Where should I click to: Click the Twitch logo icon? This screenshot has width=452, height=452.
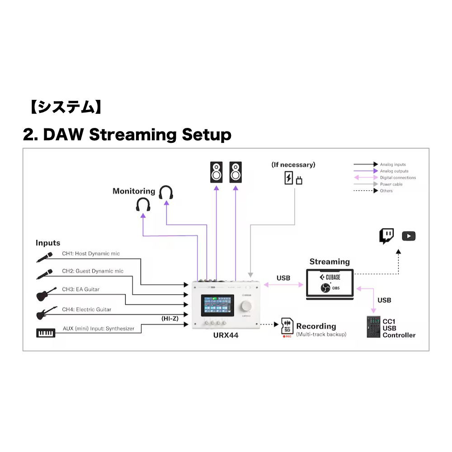[x=386, y=236]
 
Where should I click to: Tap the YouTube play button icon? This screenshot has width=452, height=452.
[x=409, y=236]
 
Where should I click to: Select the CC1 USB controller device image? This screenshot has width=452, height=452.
[x=373, y=327]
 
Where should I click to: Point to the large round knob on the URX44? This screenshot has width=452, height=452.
[x=247, y=306]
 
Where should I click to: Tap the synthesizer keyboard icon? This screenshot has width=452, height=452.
[x=45, y=333]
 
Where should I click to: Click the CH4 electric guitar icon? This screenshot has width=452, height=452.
[x=46, y=313]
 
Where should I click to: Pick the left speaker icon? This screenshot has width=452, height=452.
[x=216, y=172]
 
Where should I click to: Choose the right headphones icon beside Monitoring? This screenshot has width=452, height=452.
[x=166, y=193]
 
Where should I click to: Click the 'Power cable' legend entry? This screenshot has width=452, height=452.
[x=391, y=184]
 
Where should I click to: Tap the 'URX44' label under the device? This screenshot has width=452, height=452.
[x=226, y=336]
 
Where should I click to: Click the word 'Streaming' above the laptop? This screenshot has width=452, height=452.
[x=330, y=262]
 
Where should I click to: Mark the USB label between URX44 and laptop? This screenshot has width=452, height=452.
[x=283, y=278]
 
